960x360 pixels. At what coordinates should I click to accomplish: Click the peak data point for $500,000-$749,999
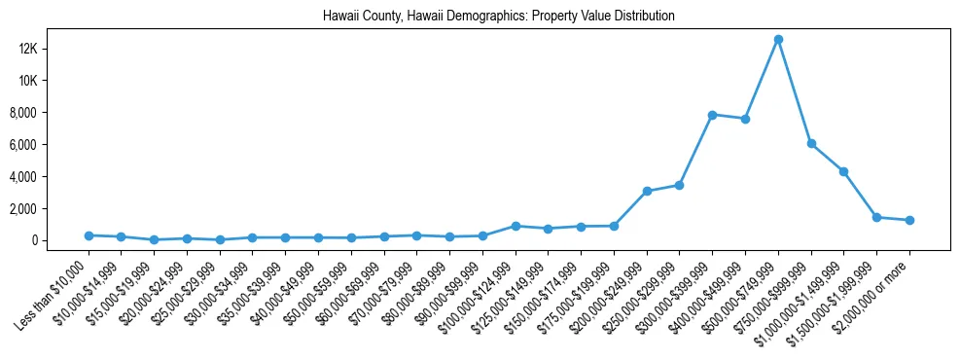(x=778, y=39)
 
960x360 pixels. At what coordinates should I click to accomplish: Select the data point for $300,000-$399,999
(x=713, y=115)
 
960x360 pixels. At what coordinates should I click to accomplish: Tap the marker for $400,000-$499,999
(x=745, y=119)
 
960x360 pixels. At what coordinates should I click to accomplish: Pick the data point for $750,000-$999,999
(x=811, y=144)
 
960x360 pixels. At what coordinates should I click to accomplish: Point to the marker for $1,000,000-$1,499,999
(x=844, y=171)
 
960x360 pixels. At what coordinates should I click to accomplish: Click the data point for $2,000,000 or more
(x=909, y=220)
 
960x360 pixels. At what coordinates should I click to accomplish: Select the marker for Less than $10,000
(x=89, y=235)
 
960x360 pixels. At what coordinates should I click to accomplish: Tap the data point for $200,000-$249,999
(x=647, y=191)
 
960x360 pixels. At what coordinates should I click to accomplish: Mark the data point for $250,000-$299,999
(x=680, y=185)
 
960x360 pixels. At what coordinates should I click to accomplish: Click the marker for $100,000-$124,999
(x=516, y=226)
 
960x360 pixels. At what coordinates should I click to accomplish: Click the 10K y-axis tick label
(x=53, y=81)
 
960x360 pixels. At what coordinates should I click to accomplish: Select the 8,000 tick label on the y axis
(x=51, y=113)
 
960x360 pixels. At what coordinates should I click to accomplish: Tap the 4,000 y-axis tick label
(x=51, y=177)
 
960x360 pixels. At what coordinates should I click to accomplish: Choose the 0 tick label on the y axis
(x=60, y=240)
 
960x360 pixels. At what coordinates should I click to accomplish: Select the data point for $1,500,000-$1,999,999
(x=876, y=217)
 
